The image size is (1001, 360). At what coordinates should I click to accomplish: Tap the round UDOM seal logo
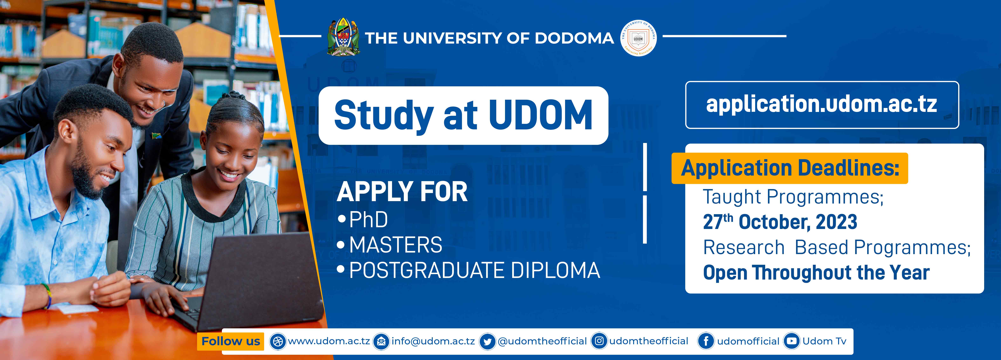[x=639, y=38]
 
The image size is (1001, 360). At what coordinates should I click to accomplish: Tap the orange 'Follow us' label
[x=230, y=341]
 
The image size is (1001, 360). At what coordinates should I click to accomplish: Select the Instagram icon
[x=599, y=341]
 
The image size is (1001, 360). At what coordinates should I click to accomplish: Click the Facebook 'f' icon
[x=706, y=341]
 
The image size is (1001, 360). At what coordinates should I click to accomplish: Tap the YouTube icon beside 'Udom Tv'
[x=792, y=341]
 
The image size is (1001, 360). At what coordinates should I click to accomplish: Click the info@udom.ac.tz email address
[x=433, y=341]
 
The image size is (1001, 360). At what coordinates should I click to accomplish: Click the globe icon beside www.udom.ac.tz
[x=277, y=341]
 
